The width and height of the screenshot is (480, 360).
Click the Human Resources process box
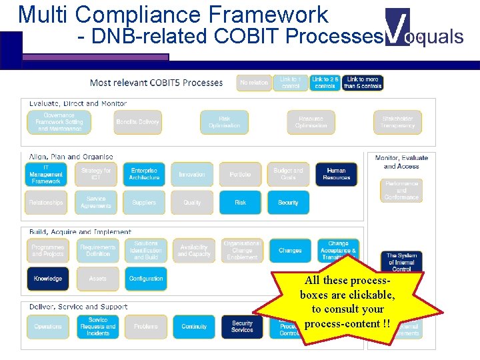[336, 174]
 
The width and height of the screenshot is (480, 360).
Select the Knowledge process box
[48, 279]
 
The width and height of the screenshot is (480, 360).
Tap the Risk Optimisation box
[225, 122]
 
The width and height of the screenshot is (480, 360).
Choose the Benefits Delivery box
[138, 122]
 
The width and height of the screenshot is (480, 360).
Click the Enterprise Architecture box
[144, 174]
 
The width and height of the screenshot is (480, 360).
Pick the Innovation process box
[192, 174]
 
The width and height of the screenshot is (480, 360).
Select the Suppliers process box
[144, 203]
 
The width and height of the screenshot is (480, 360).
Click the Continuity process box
[194, 327]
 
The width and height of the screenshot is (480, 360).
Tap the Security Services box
[242, 327]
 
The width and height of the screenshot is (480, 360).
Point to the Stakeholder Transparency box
[397, 122]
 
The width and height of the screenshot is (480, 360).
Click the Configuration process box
[146, 279]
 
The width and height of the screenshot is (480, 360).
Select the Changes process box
[290, 251]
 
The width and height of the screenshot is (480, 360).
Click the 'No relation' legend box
[253, 83]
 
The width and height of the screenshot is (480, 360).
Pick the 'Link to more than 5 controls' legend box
[363, 83]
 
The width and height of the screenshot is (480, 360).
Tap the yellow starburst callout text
[347, 302]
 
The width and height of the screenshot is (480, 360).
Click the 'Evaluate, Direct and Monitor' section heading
[78, 104]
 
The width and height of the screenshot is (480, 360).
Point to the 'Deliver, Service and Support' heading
[78, 307]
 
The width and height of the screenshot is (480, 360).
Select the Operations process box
[48, 327]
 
